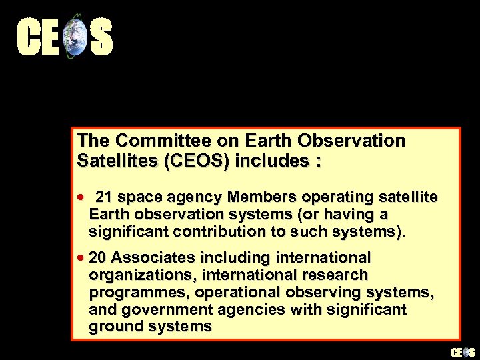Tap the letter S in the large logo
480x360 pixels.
(x=101, y=37)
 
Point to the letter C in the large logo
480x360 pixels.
(x=29, y=37)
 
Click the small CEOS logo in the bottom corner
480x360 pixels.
(x=463, y=352)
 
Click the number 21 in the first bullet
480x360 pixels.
(x=105, y=197)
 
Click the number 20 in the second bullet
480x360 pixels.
(x=98, y=257)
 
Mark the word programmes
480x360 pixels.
(x=134, y=292)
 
